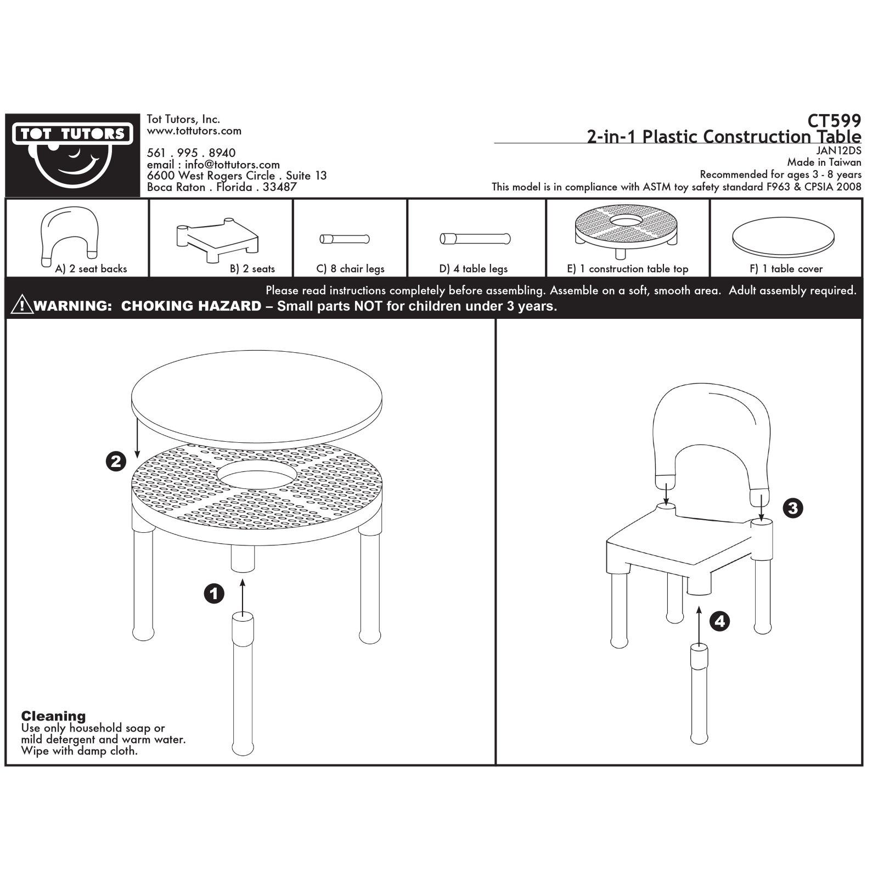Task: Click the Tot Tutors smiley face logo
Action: (x=72, y=155)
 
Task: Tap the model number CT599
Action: (x=834, y=120)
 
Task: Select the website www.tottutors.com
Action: (x=194, y=131)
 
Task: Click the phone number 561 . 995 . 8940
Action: (x=191, y=153)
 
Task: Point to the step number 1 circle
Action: (x=214, y=593)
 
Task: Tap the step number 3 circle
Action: (x=792, y=508)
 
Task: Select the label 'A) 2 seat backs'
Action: (x=91, y=269)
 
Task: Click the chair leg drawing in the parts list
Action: (x=345, y=239)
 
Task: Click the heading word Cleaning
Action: (x=53, y=716)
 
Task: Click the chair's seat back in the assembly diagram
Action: (x=711, y=442)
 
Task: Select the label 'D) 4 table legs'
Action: (x=474, y=269)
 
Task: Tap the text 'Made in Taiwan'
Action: (x=824, y=162)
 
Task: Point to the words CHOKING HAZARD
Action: (x=191, y=306)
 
